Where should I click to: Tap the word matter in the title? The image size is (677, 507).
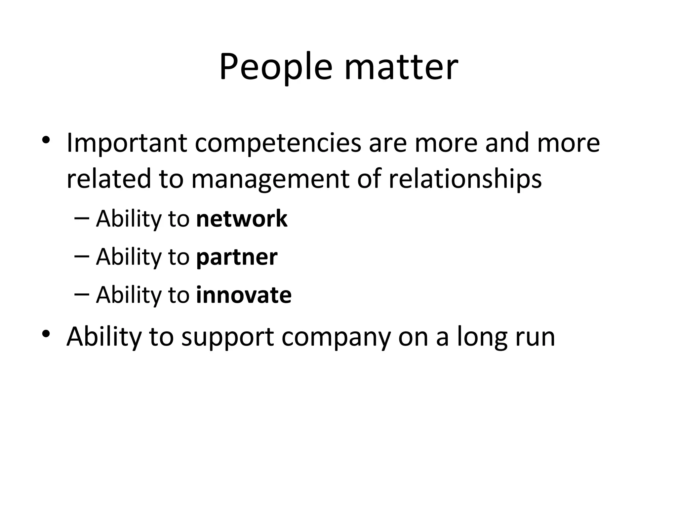[x=401, y=68]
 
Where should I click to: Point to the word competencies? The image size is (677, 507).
[x=278, y=144]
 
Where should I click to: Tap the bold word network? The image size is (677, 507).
[x=242, y=219]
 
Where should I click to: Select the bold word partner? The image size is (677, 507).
[x=237, y=257]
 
